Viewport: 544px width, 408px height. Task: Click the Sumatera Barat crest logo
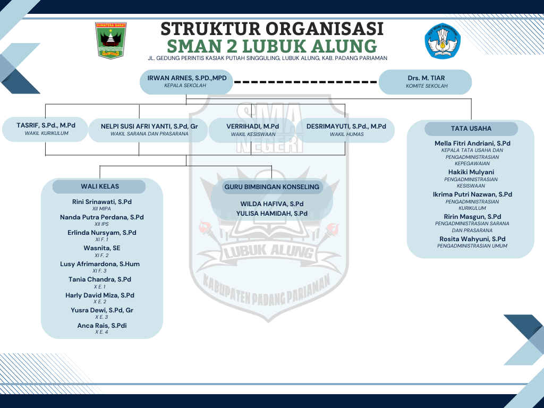pyautogui.click(x=110, y=40)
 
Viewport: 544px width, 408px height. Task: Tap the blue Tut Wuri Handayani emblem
pyautogui.click(x=442, y=41)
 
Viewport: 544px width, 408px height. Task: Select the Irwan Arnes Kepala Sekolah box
pyautogui.click(x=186, y=81)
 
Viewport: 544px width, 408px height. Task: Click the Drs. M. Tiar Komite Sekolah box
pyautogui.click(x=426, y=81)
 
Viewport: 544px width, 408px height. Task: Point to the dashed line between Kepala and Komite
pyautogui.click(x=305, y=82)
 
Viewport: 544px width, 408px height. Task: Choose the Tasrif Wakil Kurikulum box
pyautogui.click(x=46, y=129)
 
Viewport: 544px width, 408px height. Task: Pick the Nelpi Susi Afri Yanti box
pyautogui.click(x=149, y=130)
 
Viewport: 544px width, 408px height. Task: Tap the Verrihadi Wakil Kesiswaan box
pyautogui.click(x=252, y=130)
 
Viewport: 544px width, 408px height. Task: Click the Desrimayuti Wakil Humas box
pyautogui.click(x=346, y=130)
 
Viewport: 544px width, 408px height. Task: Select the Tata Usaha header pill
pyautogui.click(x=471, y=129)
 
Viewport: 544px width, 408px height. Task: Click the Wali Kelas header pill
pyautogui.click(x=99, y=186)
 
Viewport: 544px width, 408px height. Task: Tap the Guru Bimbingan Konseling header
pyautogui.click(x=271, y=187)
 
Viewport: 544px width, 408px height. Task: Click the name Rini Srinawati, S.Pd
pyautogui.click(x=101, y=202)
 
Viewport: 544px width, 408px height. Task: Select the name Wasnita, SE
pyautogui.click(x=101, y=248)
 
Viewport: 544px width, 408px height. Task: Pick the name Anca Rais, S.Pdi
pyautogui.click(x=101, y=326)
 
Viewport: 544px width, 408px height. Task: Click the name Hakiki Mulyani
pyautogui.click(x=471, y=172)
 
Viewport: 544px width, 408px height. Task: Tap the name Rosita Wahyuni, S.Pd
pyautogui.click(x=471, y=239)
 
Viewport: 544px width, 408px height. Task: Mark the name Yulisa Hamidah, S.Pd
pyautogui.click(x=272, y=214)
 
